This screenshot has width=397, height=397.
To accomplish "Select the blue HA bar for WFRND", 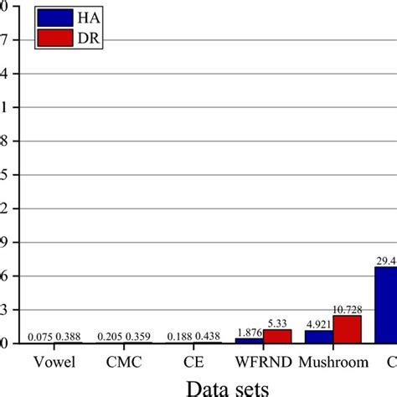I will click(249, 340).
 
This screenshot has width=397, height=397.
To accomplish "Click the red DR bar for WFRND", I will click(276, 336).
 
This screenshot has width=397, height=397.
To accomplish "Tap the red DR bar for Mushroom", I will click(347, 329).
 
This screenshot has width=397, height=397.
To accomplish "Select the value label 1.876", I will click(249, 332).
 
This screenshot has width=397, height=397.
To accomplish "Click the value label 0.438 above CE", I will click(209, 337).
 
